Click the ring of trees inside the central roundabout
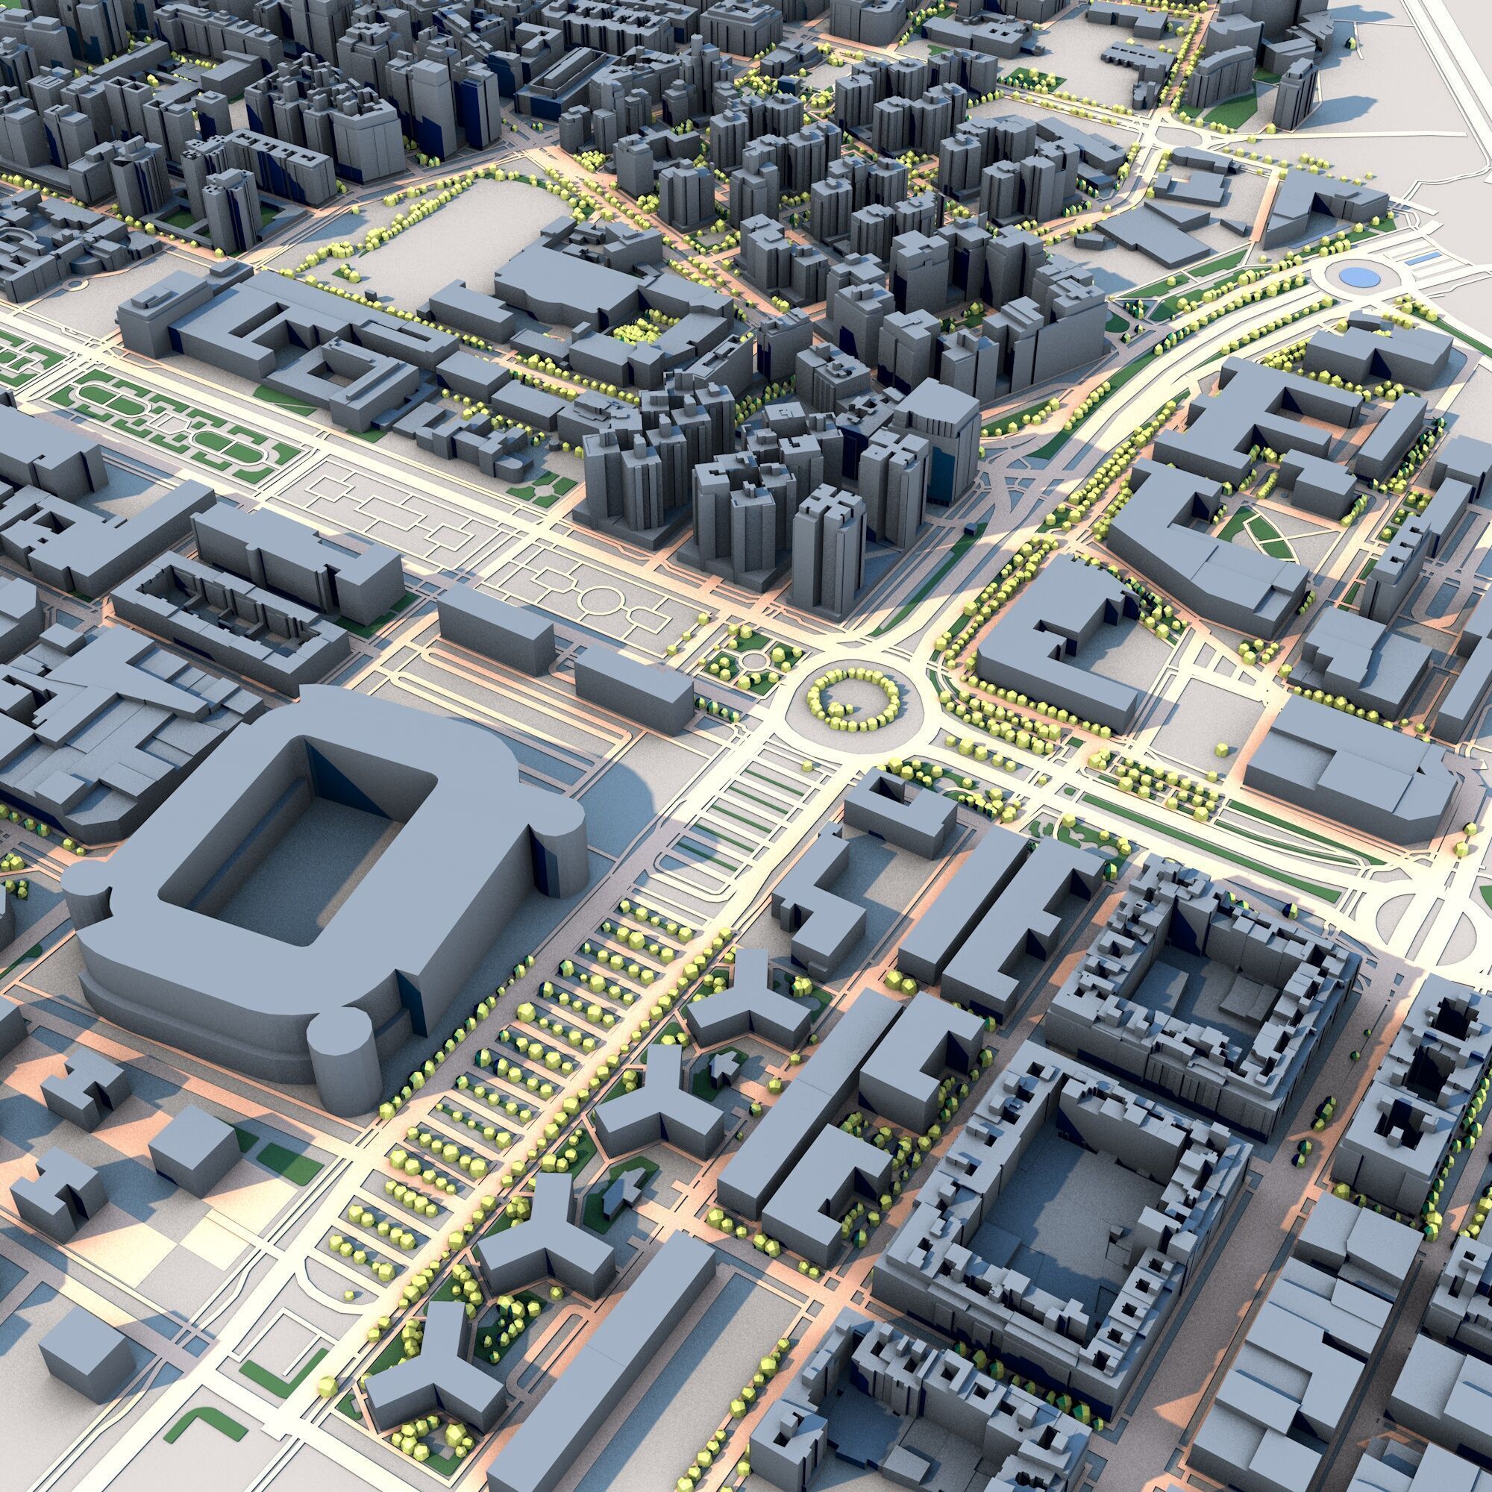pos(853,699)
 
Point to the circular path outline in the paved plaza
pos(595,595)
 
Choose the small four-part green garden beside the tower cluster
pos(548,487)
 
